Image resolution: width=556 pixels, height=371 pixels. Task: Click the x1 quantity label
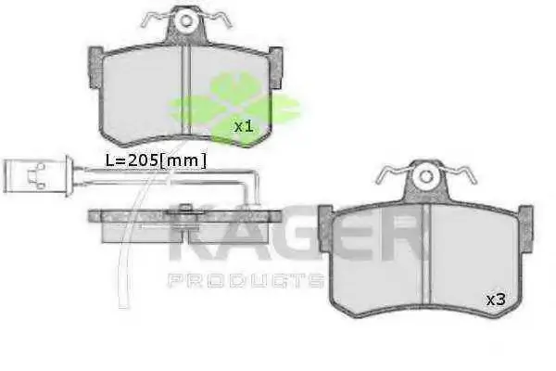coord(244,126)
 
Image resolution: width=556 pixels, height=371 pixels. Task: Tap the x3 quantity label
coord(496,300)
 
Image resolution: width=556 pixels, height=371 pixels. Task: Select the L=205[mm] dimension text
coord(156,160)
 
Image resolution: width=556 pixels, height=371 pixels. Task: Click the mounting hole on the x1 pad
coord(186,21)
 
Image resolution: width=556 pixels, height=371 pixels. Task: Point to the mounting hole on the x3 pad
coord(426,176)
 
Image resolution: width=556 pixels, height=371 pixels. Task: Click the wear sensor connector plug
coord(38,176)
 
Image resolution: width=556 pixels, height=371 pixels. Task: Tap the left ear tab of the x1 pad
coord(95,68)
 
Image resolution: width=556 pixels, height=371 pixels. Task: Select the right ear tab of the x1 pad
coord(275,68)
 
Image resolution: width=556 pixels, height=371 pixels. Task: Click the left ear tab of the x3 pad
coord(325,229)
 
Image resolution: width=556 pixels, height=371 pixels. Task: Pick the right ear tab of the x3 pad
coord(525,229)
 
